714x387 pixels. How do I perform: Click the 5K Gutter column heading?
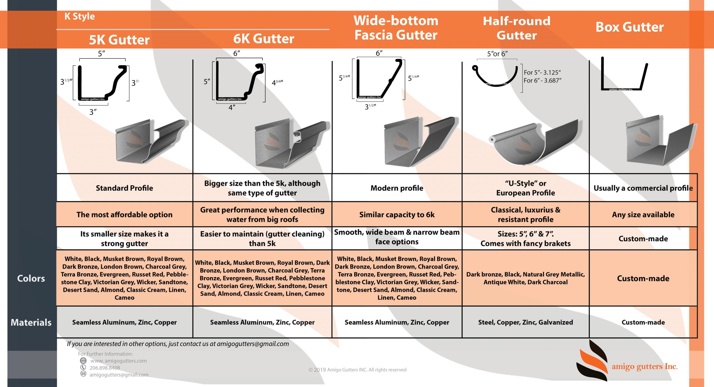(x=119, y=40)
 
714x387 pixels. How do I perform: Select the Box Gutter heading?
(x=630, y=27)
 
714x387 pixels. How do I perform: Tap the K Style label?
(x=80, y=16)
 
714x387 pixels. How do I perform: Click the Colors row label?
(x=31, y=278)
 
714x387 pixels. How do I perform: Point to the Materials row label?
(x=31, y=322)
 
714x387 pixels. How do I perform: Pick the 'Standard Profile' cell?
(x=124, y=188)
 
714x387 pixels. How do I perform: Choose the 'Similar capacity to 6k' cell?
(x=397, y=215)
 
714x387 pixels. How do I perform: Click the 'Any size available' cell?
(x=643, y=215)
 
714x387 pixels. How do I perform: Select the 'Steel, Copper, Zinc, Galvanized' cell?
(x=525, y=322)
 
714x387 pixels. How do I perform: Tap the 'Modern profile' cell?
(x=397, y=188)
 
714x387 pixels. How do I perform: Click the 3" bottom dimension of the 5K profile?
(x=93, y=112)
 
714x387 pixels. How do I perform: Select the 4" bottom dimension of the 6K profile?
(x=232, y=107)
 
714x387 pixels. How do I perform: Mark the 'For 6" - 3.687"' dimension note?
(x=542, y=81)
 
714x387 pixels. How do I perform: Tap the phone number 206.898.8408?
(x=105, y=368)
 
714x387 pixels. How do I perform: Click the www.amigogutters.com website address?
(x=119, y=361)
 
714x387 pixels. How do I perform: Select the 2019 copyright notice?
(x=357, y=370)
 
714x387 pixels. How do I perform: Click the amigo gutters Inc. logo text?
(x=645, y=366)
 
